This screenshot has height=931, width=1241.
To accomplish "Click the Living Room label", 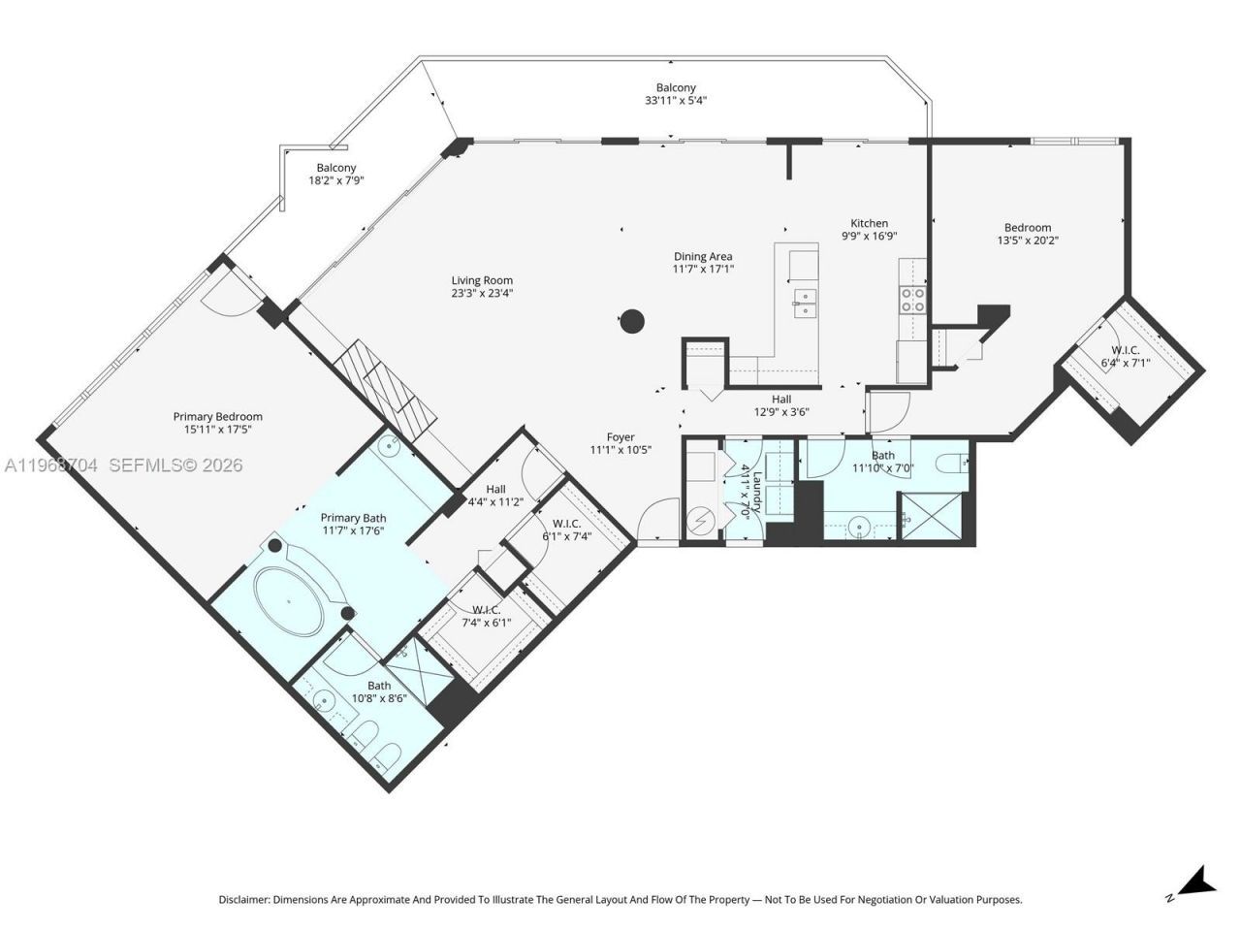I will [x=482, y=280].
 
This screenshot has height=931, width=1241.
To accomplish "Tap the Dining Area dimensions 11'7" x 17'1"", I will [x=704, y=269].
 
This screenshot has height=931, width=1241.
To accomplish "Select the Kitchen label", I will [x=869, y=223].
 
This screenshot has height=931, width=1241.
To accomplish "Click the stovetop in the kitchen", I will [x=912, y=300].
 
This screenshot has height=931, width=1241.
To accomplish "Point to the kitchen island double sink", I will [x=804, y=303].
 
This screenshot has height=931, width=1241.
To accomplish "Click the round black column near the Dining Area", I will [x=632, y=320].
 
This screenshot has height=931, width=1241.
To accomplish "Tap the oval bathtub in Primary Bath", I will [x=289, y=602].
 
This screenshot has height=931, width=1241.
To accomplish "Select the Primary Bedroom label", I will [x=217, y=417].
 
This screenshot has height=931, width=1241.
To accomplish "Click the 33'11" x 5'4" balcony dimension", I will [x=676, y=100].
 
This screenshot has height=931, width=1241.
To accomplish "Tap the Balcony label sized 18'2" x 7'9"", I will [x=335, y=168].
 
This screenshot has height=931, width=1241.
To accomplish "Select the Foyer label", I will [x=620, y=437].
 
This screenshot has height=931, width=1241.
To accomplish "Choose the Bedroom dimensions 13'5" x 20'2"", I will [x=1028, y=240].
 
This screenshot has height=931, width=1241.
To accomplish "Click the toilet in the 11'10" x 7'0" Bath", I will [x=952, y=463].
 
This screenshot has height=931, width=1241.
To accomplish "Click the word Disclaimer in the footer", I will [x=244, y=900].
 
